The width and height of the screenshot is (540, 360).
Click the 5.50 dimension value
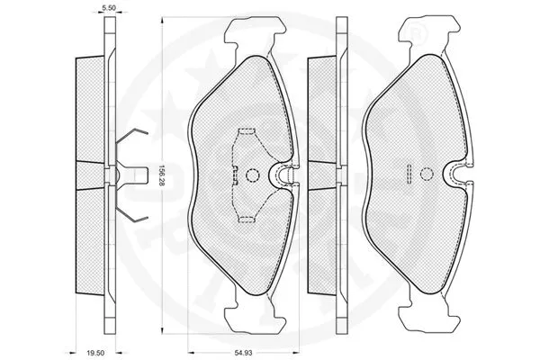click(x=108, y=7)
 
